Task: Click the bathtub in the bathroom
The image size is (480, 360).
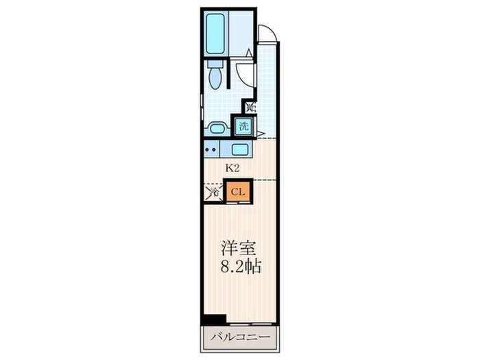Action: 217,34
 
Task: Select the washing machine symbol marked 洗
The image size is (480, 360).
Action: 243,126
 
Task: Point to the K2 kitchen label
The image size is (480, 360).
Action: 232,167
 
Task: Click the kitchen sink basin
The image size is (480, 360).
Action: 240,149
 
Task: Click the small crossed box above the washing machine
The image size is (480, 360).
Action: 250,107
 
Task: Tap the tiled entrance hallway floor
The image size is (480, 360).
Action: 268,89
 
